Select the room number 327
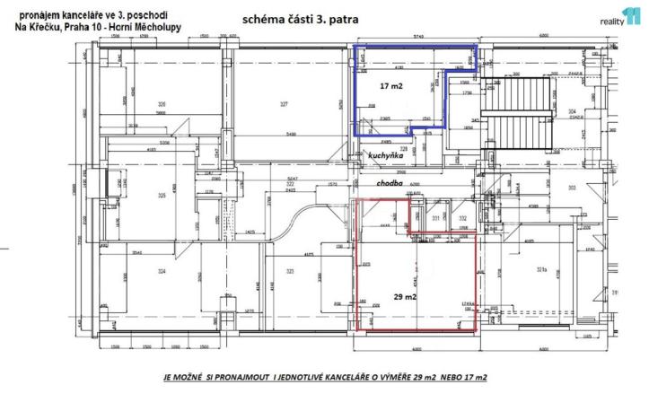coord(284,104)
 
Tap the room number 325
coord(162,196)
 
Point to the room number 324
coord(162,272)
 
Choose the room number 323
coord(291,272)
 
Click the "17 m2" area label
coord(390,87)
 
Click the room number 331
coord(435,218)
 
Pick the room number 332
coord(462,218)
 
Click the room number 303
coord(571,188)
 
